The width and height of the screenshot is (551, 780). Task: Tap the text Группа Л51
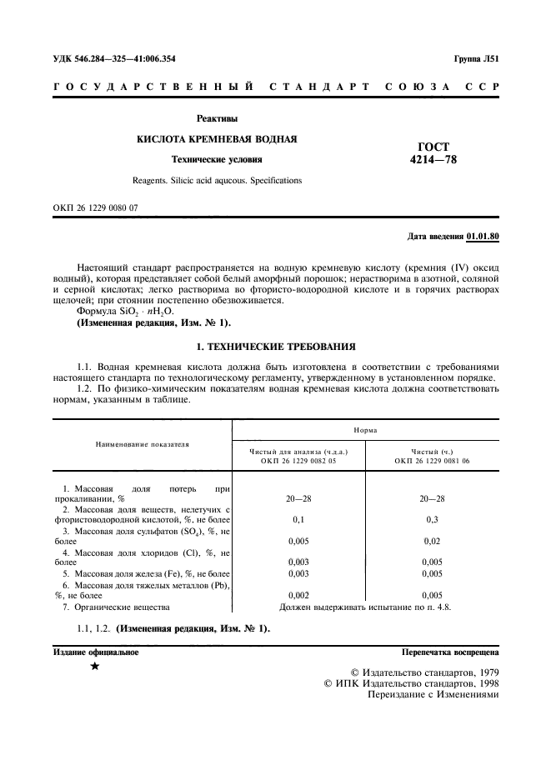(476, 59)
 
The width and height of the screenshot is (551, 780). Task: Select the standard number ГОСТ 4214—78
(434, 152)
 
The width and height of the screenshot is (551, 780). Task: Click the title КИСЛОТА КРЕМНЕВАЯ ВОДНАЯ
(217, 138)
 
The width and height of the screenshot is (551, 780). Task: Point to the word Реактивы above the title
(217, 118)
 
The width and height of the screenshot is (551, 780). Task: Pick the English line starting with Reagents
(217, 180)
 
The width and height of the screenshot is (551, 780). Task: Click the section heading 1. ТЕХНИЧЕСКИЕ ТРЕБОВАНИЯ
(275, 344)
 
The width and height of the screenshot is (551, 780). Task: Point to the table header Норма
(365, 430)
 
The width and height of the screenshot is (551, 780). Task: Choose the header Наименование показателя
(140, 444)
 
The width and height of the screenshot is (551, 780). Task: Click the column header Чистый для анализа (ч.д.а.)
(298, 451)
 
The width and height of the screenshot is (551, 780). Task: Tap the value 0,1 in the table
(298, 519)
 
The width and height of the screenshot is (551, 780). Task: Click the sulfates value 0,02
(433, 541)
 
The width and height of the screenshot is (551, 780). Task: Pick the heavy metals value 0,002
(298, 595)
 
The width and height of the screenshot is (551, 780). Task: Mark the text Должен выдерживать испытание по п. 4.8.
(365, 607)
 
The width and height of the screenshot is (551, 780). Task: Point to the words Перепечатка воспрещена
(450, 652)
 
